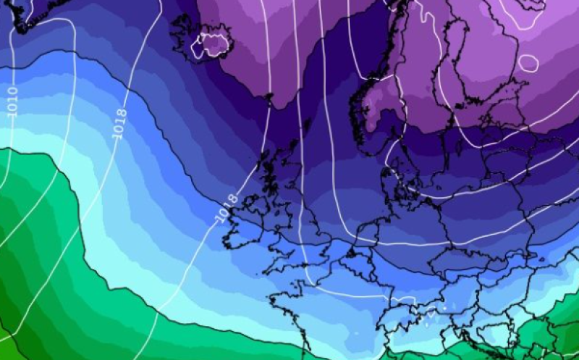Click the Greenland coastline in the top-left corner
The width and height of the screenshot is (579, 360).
29,18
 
